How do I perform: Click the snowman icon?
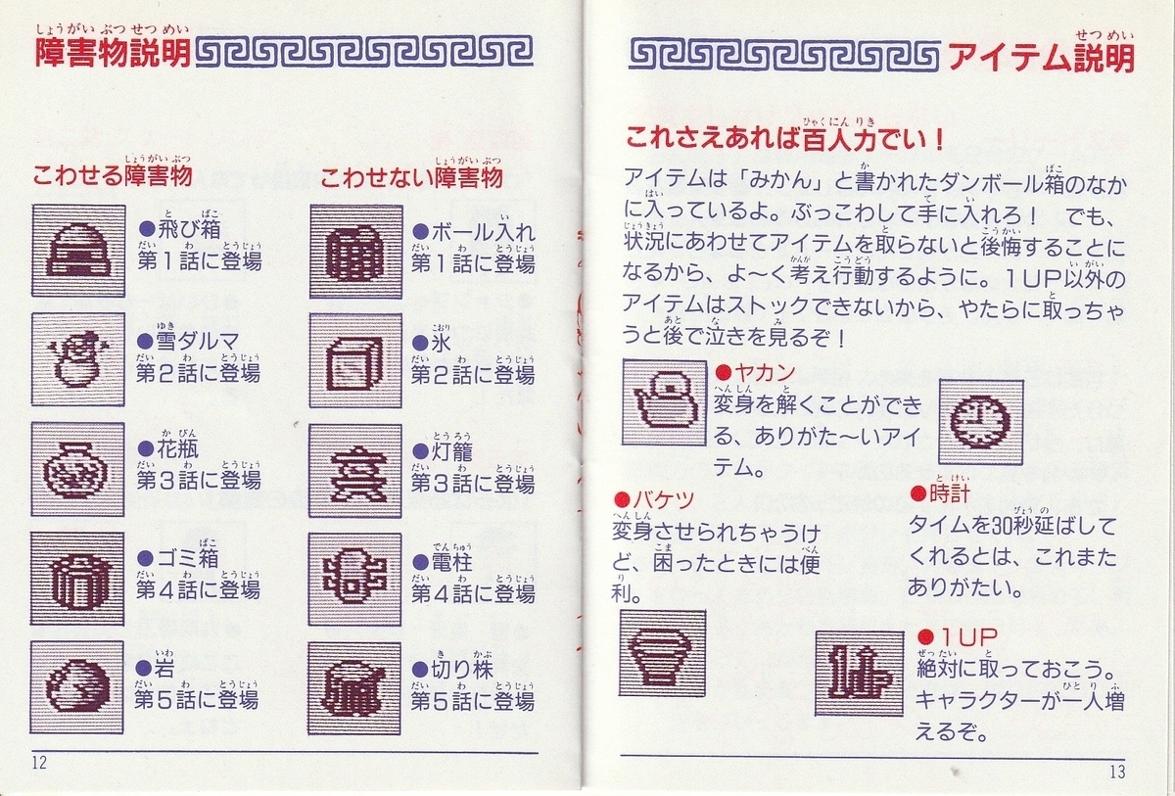(x=78, y=359)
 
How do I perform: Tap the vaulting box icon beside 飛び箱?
(x=78, y=251)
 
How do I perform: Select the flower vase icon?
(x=77, y=469)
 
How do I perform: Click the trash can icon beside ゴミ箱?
(x=77, y=579)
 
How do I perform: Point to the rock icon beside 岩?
(x=77, y=687)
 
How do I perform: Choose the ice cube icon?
(x=355, y=360)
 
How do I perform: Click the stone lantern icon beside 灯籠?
(x=355, y=471)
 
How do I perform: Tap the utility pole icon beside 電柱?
(x=355, y=580)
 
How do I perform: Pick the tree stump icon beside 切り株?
(x=354, y=688)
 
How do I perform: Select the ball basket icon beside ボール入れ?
(x=356, y=252)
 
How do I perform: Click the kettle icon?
(x=665, y=402)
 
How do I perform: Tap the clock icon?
(x=981, y=422)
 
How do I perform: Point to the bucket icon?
(x=663, y=653)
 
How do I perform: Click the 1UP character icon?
(x=860, y=674)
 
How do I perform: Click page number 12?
(x=39, y=763)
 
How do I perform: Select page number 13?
(x=1117, y=772)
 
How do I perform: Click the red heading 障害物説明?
(x=113, y=54)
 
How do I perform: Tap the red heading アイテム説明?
(x=1042, y=57)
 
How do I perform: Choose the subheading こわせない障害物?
(x=411, y=178)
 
